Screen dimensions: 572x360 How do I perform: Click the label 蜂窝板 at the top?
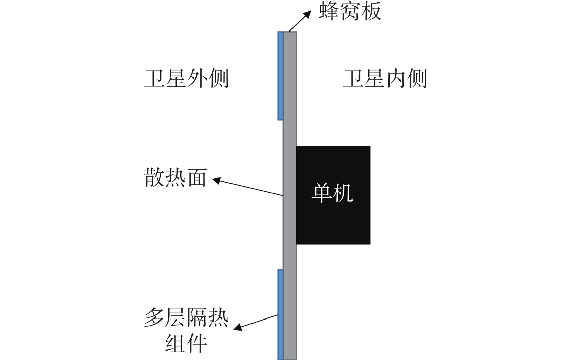[x=350, y=11]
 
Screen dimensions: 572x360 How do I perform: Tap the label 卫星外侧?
[x=186, y=79]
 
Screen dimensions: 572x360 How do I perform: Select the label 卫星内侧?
[x=385, y=79]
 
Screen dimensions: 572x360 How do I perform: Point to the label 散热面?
[x=176, y=177]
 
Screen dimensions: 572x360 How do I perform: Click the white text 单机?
[x=333, y=193]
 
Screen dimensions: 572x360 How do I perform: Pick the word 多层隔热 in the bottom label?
[x=186, y=317]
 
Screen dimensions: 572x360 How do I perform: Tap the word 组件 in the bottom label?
[x=186, y=343]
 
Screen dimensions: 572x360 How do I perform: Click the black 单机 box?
[x=333, y=195]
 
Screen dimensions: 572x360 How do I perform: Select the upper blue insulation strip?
[x=281, y=76]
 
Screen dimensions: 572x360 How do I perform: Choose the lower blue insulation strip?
[x=281, y=315]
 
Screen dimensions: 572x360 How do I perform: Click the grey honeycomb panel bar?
[x=290, y=196]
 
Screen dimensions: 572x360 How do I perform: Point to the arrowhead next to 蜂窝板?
[x=307, y=14]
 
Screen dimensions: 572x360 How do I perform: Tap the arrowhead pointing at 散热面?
[x=216, y=180]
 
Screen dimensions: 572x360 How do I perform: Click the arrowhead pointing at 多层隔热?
[x=238, y=327]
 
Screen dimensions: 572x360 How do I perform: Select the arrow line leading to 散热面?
[x=248, y=188]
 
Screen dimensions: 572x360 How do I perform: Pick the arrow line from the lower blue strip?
[x=256, y=322]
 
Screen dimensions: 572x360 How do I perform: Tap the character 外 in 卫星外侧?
[x=197, y=79]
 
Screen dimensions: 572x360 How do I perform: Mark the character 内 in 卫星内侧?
[x=395, y=79]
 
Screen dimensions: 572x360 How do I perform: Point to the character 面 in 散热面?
[x=197, y=177]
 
